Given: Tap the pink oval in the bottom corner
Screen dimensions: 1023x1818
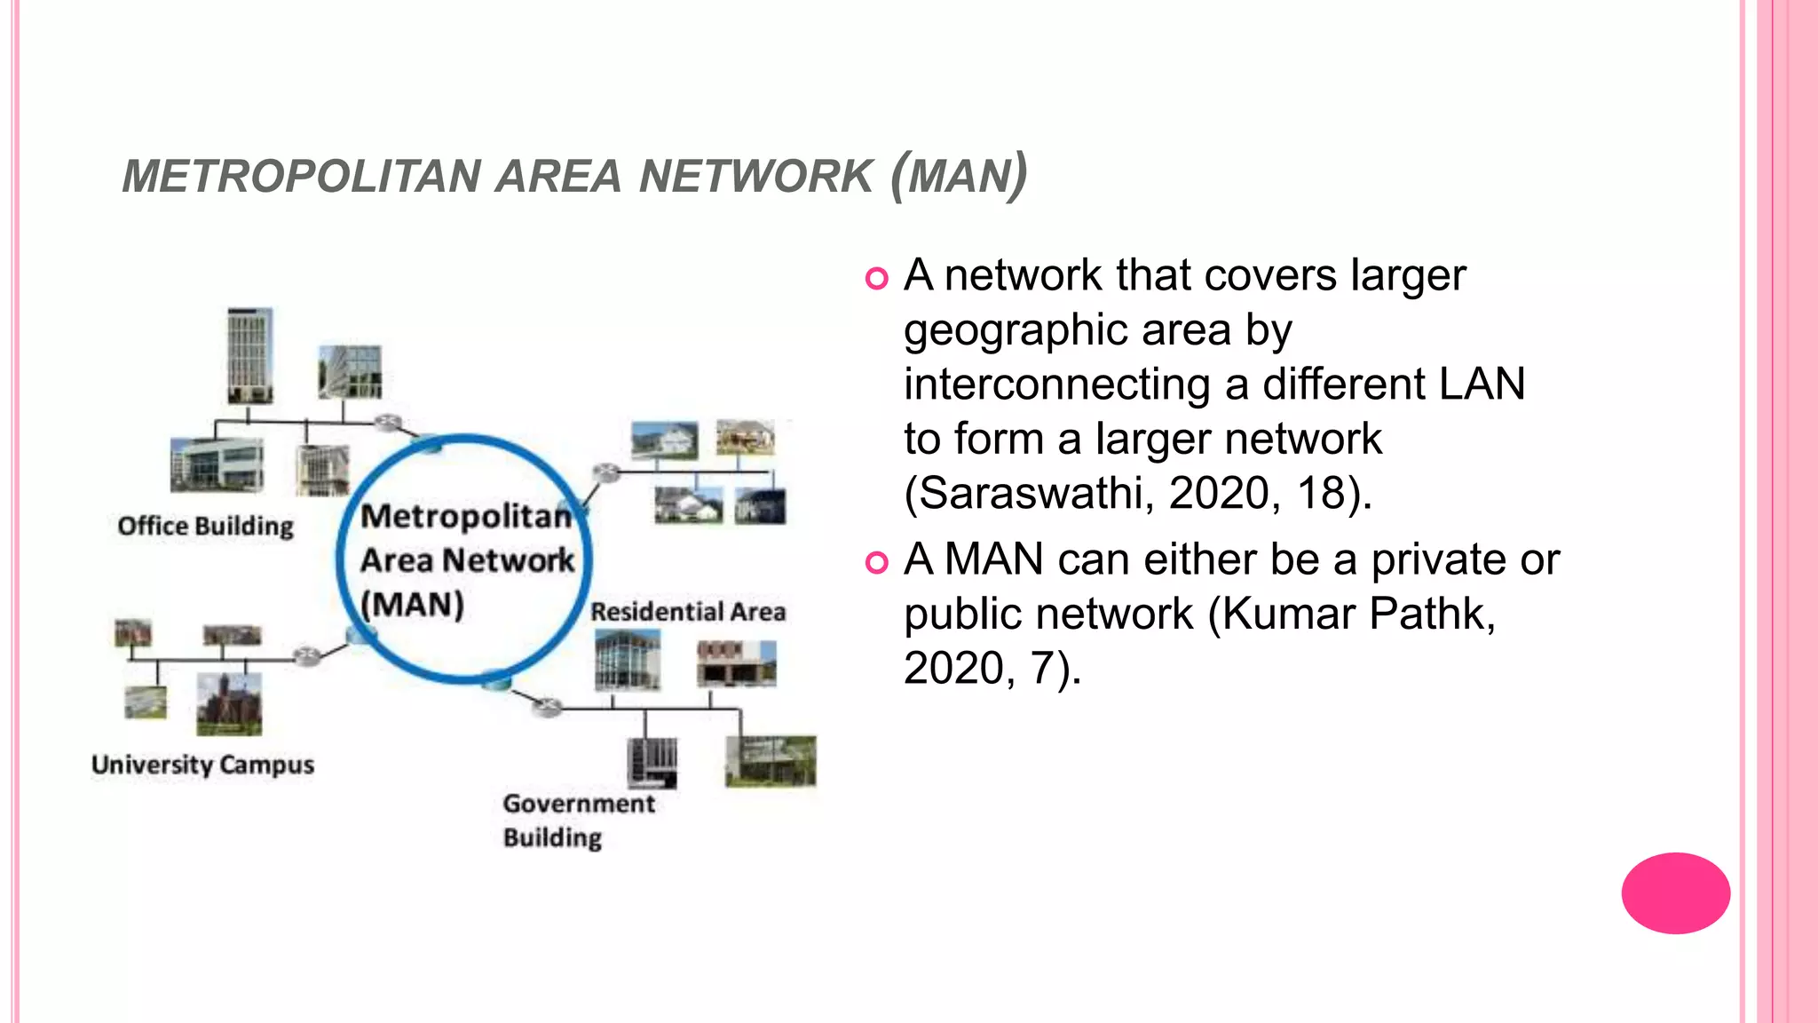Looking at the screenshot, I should point(1675,893).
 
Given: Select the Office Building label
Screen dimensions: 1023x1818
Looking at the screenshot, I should point(205,526).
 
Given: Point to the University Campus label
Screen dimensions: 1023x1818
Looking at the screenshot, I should point(202,765).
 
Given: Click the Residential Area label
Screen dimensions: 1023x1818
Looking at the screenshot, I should point(688,612).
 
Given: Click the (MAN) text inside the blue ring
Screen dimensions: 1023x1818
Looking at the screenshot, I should point(412,605).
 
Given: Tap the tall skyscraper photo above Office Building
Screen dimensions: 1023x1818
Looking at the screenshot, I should point(249,355).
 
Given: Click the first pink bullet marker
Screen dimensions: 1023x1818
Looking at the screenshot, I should point(876,278).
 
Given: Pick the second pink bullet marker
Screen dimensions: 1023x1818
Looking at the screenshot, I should point(876,562).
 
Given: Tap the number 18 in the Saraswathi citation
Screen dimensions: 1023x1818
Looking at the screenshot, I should point(1322,493).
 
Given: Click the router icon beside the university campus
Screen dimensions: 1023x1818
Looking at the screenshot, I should point(307,656).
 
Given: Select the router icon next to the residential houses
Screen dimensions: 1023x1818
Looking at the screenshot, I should point(607,472).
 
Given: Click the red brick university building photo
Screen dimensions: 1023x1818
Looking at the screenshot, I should point(229,704).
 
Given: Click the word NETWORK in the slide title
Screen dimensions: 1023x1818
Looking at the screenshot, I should point(755,176).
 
